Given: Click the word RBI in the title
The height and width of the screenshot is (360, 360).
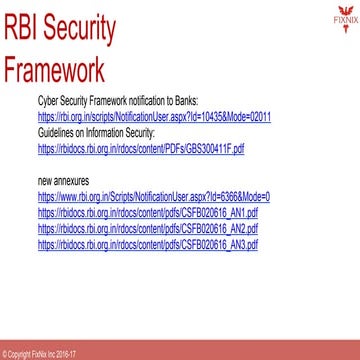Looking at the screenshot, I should click(x=28, y=31).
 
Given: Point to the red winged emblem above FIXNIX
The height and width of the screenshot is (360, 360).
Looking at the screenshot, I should click(x=344, y=8).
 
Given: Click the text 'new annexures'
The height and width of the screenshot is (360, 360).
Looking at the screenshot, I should click(x=56, y=183).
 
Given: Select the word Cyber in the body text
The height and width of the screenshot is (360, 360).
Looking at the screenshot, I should click(x=46, y=102).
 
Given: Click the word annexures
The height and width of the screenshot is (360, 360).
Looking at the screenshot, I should click(x=62, y=183).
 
